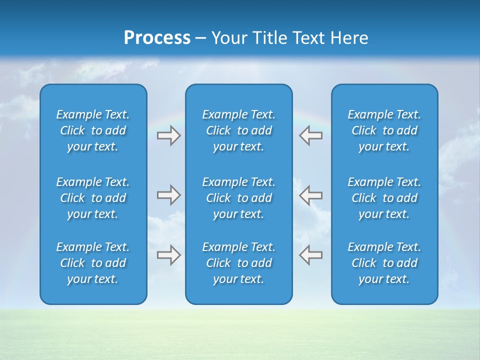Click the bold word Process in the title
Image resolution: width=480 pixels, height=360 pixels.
(157, 38)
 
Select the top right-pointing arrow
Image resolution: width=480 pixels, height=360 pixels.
(169, 135)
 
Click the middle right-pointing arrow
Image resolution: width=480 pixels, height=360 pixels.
(169, 195)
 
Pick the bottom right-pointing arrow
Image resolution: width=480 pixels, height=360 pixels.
(169, 254)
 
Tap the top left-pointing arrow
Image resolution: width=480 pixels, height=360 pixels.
(310, 135)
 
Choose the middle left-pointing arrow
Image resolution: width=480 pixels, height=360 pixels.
(310, 195)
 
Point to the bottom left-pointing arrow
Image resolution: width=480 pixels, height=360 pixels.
(310, 254)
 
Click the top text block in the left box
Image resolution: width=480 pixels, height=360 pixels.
(93, 130)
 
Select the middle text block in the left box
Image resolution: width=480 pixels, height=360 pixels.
(93, 198)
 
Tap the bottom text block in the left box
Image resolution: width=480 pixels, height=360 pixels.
(93, 263)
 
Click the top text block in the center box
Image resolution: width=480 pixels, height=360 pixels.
(238, 130)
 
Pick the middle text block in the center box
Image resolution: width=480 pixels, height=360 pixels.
(238, 198)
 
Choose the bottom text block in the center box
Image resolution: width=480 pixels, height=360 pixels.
(238, 263)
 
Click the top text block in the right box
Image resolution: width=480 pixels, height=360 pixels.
(384, 130)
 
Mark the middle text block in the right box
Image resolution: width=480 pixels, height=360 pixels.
(384, 198)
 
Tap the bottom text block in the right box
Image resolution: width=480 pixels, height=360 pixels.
(384, 263)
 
